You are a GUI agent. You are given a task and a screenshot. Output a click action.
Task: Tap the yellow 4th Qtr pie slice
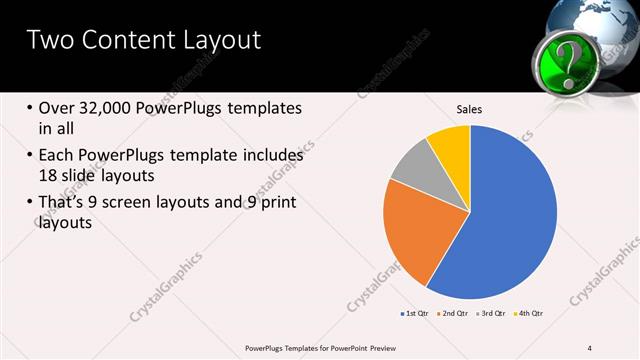tap(451, 147)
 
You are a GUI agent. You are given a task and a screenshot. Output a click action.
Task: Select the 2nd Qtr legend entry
tap(456, 314)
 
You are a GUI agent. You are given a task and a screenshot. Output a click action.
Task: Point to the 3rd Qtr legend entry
tap(492, 314)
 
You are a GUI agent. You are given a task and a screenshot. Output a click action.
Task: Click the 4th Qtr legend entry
tap(529, 314)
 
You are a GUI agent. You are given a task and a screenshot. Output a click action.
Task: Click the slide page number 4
tap(590, 347)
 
